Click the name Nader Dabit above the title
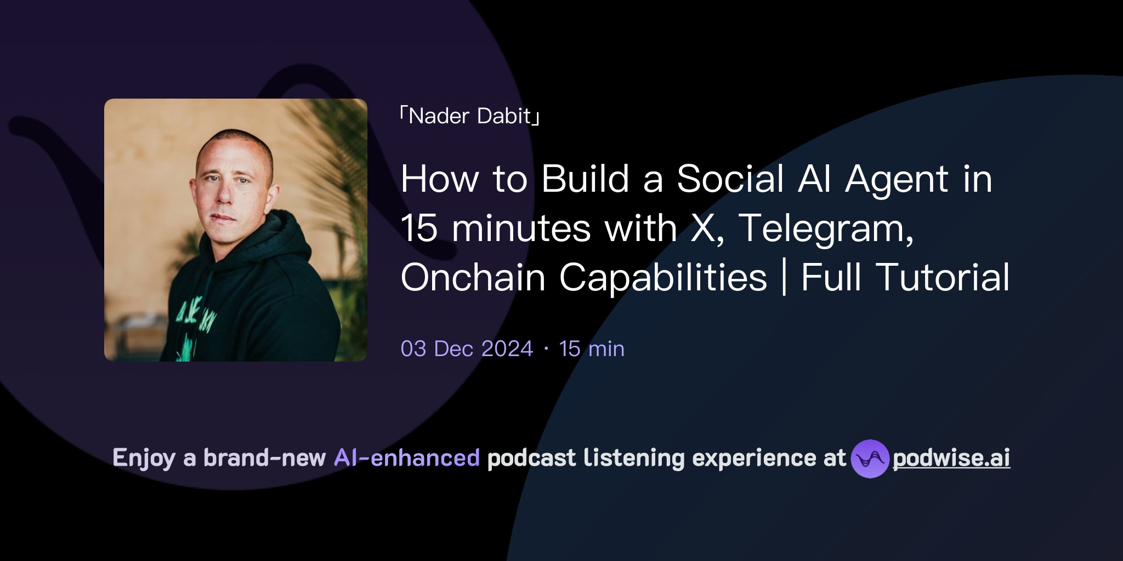(470, 116)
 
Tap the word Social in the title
(730, 179)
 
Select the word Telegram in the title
(825, 228)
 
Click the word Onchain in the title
(473, 278)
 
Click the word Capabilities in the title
(663, 278)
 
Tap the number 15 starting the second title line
(419, 228)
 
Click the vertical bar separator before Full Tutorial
(784, 278)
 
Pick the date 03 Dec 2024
(467, 349)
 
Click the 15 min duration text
(592, 349)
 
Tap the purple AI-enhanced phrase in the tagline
(407, 458)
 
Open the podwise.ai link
(951, 458)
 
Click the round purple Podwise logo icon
(870, 459)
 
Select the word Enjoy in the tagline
(144, 458)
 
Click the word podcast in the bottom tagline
(531, 458)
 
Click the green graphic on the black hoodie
(195, 318)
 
